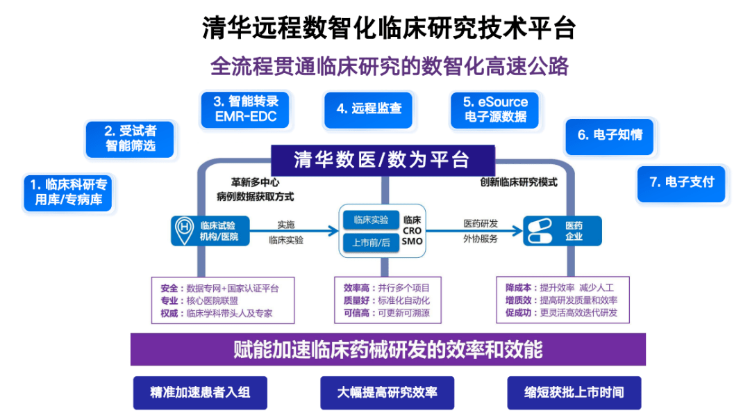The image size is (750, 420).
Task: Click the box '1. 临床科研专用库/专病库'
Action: (68, 193)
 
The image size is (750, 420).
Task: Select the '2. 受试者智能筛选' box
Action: (130, 138)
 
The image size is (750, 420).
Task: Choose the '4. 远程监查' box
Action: (368, 108)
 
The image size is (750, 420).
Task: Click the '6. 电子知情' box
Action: (609, 135)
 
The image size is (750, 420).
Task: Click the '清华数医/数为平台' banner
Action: (382, 159)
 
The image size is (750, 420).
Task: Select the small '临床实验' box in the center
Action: (371, 220)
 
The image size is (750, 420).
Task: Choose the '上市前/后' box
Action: (371, 243)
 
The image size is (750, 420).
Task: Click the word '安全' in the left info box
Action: (169, 288)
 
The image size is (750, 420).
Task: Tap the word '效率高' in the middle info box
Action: (356, 288)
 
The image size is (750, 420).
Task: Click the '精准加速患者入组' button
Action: (200, 392)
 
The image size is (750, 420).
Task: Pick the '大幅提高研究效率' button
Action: (387, 392)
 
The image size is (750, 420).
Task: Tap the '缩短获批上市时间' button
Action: (574, 392)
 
